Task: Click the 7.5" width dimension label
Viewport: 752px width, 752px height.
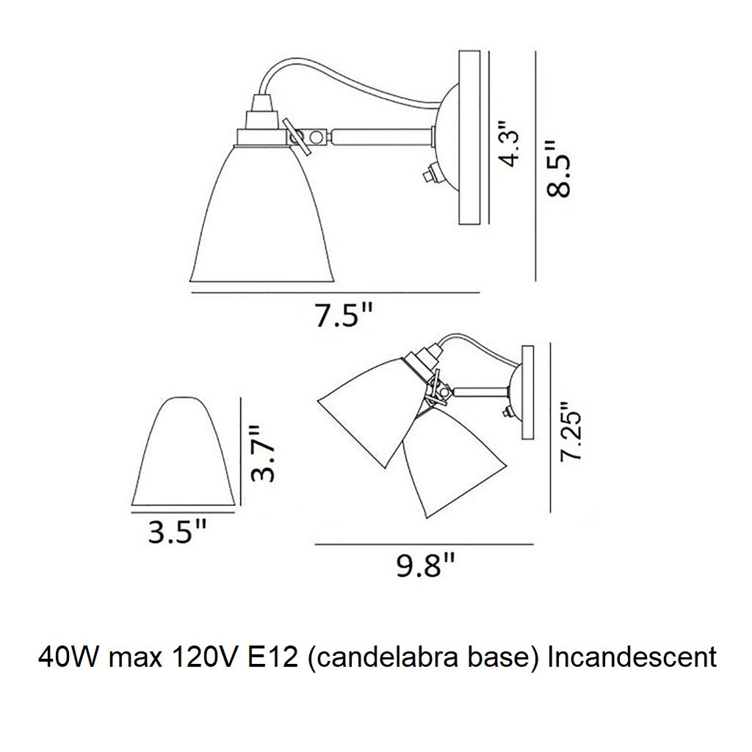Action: pos(344,315)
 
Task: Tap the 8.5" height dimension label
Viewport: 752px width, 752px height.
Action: pos(559,169)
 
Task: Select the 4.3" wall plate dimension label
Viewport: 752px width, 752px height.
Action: pos(509,143)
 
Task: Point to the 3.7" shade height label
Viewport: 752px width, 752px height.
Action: pos(264,453)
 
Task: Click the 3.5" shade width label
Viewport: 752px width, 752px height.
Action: pos(177,532)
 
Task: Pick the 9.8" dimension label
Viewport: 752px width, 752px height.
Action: pos(425,565)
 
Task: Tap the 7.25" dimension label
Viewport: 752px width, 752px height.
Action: pos(571,431)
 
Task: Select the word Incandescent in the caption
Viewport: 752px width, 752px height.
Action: pos(632,658)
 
